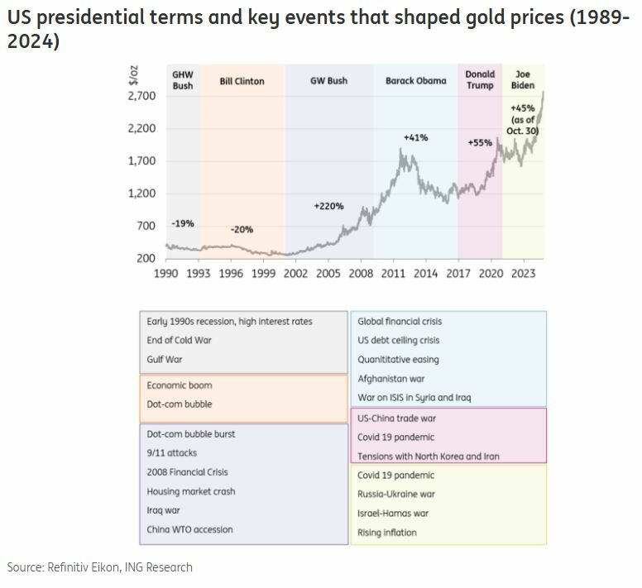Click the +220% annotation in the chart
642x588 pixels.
pyautogui.click(x=329, y=205)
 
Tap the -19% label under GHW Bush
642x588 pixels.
pyautogui.click(x=183, y=223)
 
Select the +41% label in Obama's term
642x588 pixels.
pyautogui.click(x=415, y=137)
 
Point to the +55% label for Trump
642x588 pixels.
pyautogui.click(x=480, y=142)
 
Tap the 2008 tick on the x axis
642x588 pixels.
pyautogui.click(x=361, y=273)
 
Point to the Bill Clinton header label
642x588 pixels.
pyautogui.click(x=242, y=81)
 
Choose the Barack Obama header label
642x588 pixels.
pyautogui.click(x=415, y=81)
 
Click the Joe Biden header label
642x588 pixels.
pyautogui.click(x=523, y=79)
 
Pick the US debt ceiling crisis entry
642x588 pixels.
pyautogui.click(x=398, y=340)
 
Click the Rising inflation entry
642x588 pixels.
pyautogui.click(x=386, y=533)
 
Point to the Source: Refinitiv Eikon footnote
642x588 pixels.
pyautogui.click(x=100, y=567)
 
